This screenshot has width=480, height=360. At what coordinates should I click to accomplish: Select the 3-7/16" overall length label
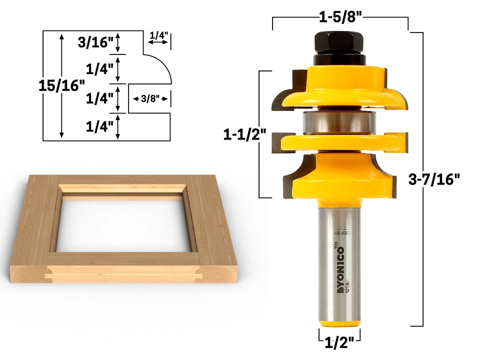433,179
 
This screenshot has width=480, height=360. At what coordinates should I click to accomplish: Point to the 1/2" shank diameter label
339,342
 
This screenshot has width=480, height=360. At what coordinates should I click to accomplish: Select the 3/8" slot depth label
149,98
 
